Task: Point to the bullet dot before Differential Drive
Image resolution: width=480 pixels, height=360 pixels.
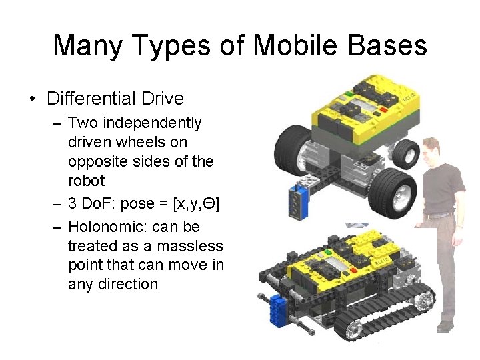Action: coord(32,99)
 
